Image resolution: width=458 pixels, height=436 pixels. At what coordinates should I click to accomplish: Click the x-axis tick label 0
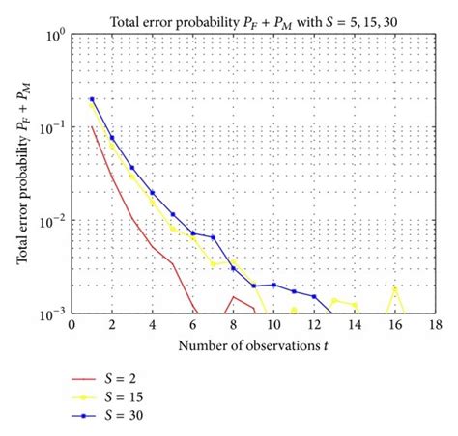pos(72,327)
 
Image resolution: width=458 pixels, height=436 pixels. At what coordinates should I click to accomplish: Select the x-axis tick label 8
pos(233,327)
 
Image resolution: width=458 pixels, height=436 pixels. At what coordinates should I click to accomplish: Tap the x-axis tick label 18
pos(434,327)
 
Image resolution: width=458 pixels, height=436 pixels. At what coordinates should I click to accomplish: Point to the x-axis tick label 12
pos(313,327)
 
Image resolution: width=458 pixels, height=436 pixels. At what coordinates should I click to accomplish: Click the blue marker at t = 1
pos(92,99)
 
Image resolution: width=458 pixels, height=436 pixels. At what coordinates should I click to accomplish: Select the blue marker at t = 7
pos(213,237)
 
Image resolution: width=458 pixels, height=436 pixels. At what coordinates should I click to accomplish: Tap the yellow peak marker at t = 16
pos(394,287)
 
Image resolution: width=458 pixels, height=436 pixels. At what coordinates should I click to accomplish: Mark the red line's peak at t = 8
pos(233,296)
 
